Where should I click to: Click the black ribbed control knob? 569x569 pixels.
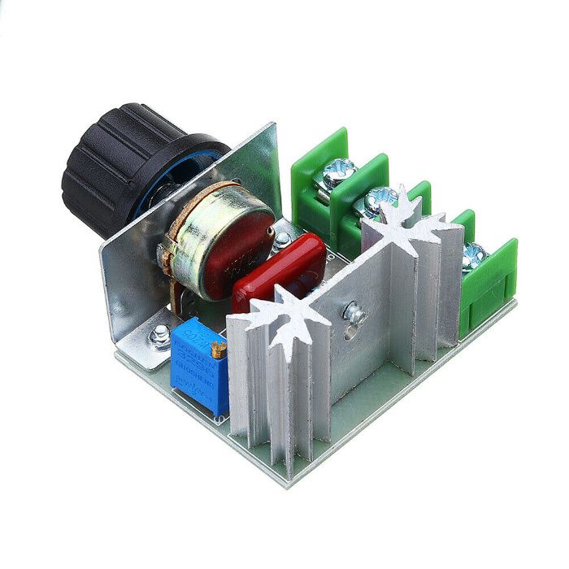[122, 167]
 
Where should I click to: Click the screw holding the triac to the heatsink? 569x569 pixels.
[354, 311]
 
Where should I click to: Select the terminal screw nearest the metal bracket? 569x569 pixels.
[337, 173]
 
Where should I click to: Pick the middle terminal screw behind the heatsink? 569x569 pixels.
[379, 200]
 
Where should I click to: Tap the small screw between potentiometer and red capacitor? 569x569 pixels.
[282, 239]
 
